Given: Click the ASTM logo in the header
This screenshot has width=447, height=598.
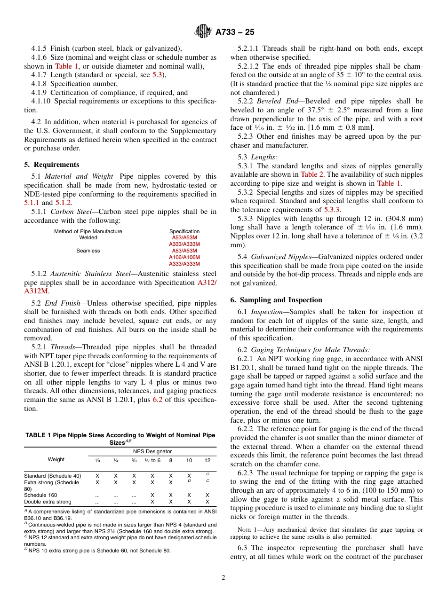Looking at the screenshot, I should click(203, 32).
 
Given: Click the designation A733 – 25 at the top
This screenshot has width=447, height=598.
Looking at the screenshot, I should click(235, 32).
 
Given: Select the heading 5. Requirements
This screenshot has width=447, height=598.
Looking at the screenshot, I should click(52, 165).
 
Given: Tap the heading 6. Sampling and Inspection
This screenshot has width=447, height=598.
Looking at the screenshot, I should click(276, 300).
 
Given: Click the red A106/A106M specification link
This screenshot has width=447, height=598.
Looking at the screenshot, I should click(184, 257).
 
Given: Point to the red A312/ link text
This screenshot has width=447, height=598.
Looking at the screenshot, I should click(207, 283).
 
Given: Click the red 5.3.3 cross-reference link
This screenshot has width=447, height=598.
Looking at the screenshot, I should click(332, 210).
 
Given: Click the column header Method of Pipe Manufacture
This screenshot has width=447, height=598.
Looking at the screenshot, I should click(88, 231).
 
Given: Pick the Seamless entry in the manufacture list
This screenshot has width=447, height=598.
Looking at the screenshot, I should click(88, 251).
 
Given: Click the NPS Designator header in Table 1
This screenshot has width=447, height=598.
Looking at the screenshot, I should click(152, 451).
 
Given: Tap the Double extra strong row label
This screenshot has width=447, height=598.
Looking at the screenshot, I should click(48, 502).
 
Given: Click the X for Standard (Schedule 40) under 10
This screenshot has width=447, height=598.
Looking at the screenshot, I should click(189, 476).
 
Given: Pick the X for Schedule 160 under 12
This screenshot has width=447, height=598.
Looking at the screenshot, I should click(208, 495).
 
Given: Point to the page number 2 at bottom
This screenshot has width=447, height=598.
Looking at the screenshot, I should click(223, 578).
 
